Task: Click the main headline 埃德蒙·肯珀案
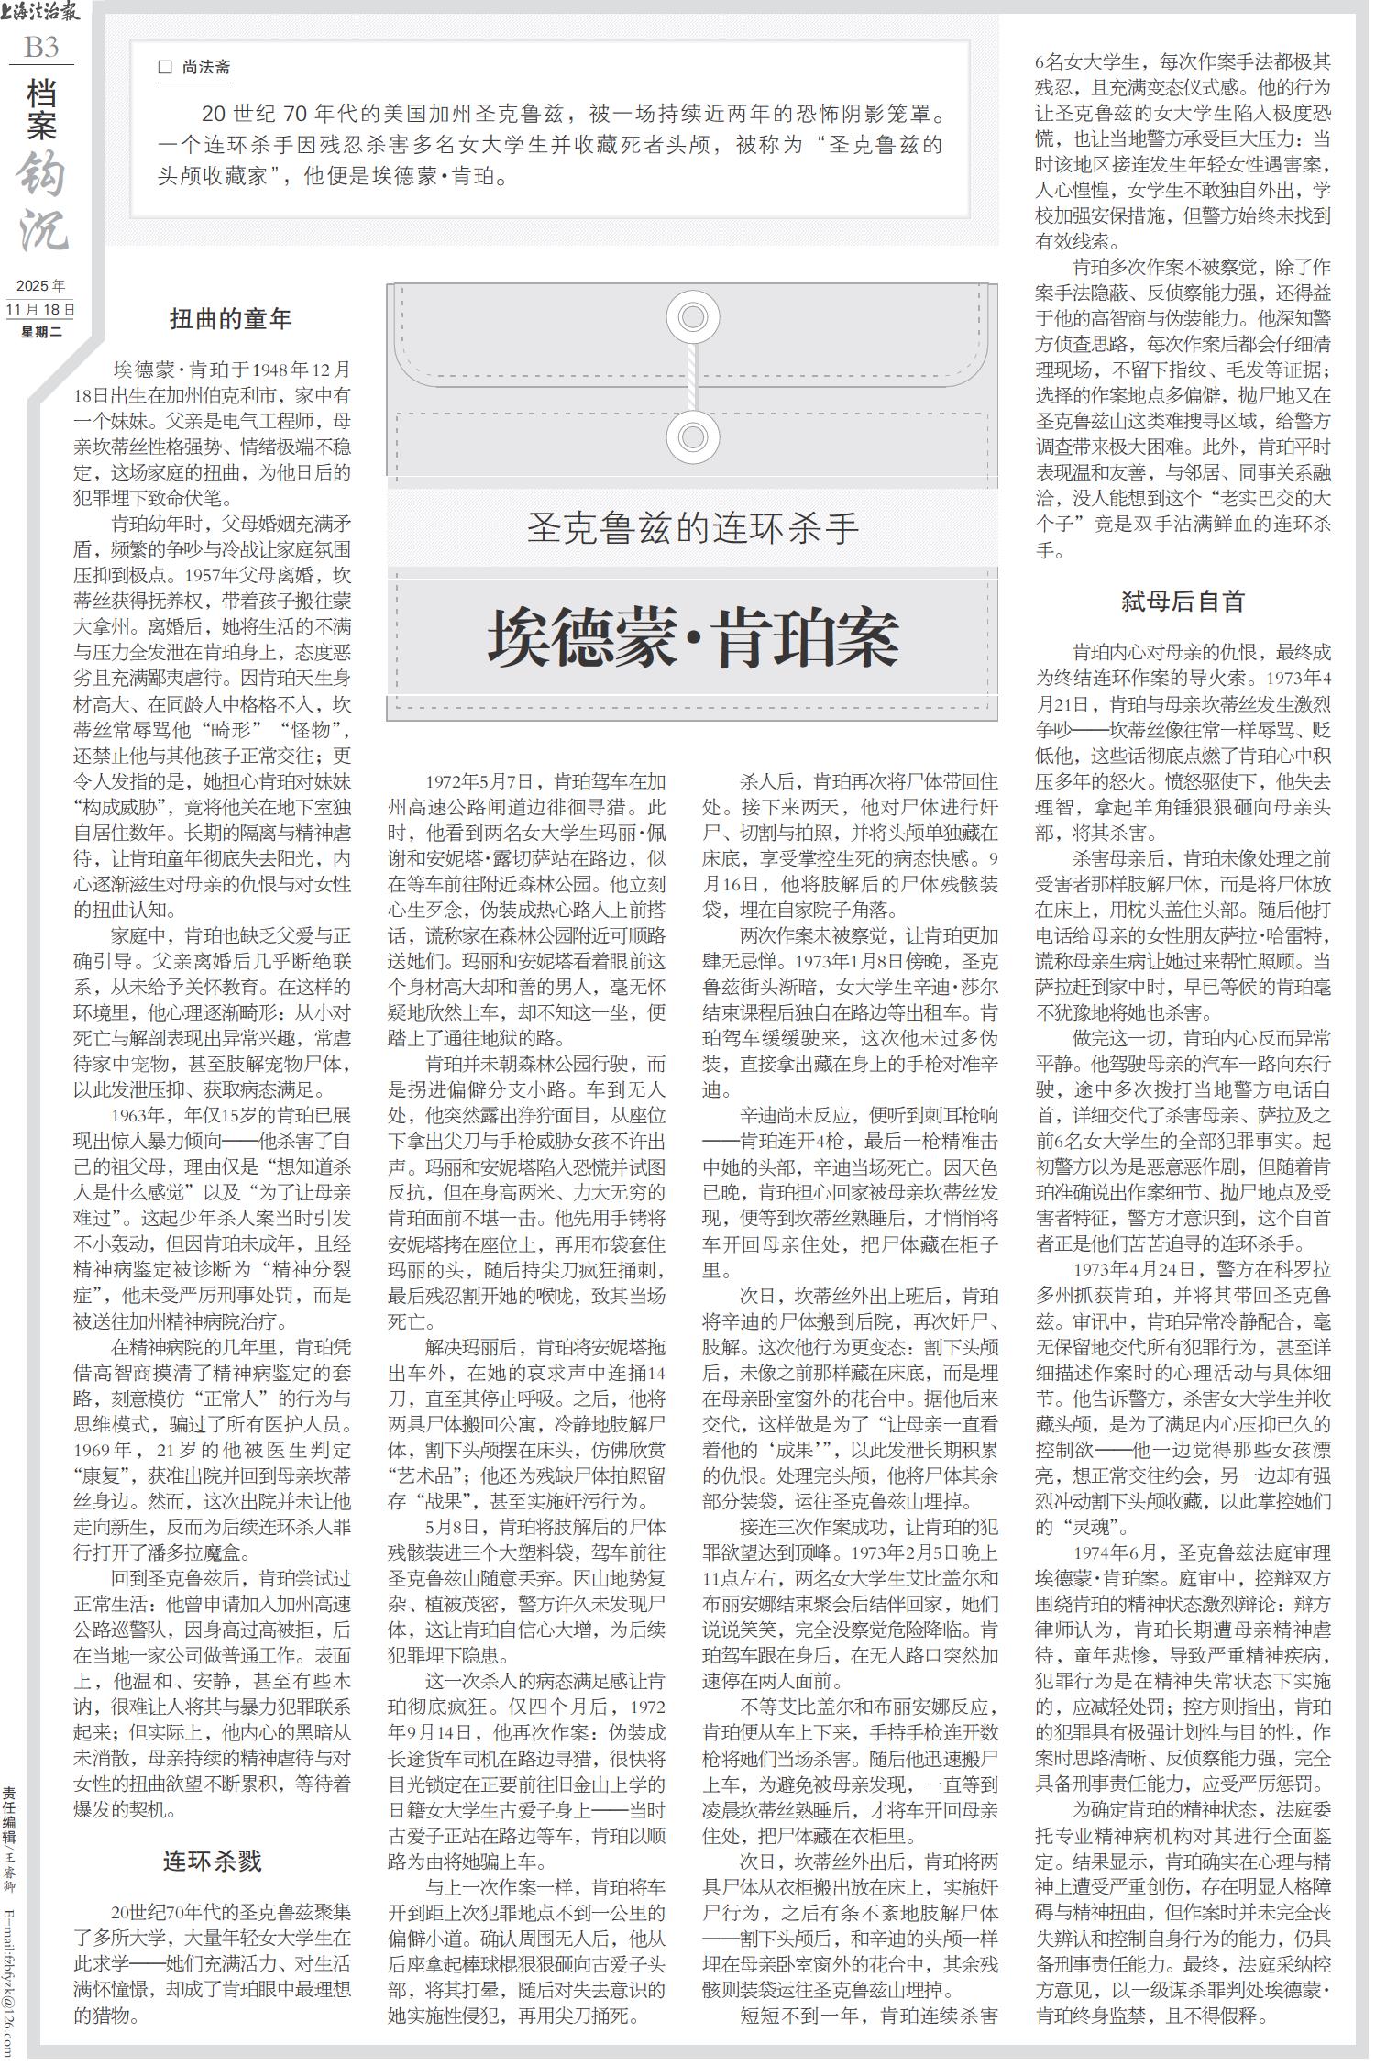(x=692, y=639)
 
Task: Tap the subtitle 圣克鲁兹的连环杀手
(x=692, y=529)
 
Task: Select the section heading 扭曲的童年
(x=231, y=318)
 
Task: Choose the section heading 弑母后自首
(x=1183, y=602)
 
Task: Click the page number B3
(x=41, y=47)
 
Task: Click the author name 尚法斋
(x=206, y=67)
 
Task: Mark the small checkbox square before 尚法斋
(x=165, y=67)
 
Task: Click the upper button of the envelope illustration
(x=692, y=316)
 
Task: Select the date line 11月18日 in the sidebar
(x=41, y=310)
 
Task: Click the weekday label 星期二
(x=41, y=331)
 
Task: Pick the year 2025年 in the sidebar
(x=41, y=288)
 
